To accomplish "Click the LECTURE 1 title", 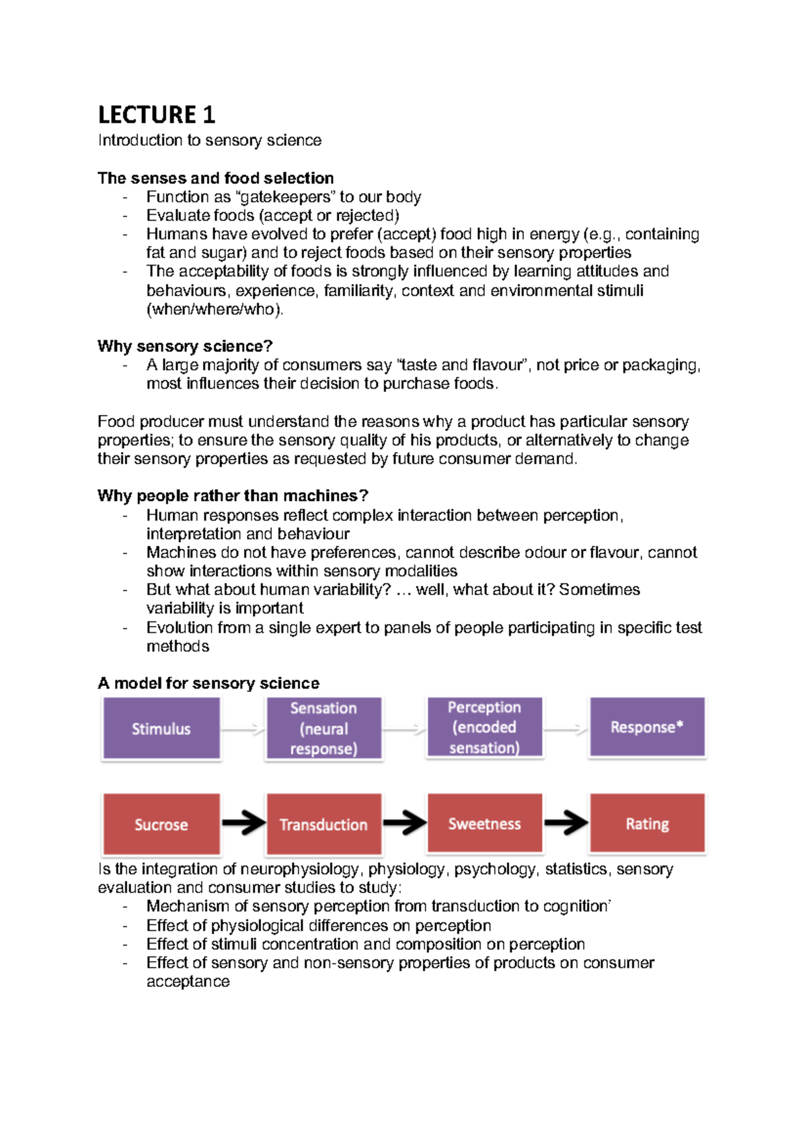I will [x=156, y=115].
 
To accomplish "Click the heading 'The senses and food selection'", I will [x=215, y=178].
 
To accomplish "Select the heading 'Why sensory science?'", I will [x=185, y=346].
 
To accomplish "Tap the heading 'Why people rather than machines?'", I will [x=233, y=496].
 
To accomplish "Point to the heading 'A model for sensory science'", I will [x=208, y=683].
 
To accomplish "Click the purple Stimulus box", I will [x=161, y=728].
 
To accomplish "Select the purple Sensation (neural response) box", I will [x=323, y=728].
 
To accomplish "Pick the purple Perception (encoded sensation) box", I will [x=484, y=728].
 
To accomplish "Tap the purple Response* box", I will [x=647, y=727].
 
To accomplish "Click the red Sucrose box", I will [x=161, y=825].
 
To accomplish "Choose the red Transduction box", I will [x=323, y=825].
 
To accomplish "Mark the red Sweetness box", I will [x=484, y=824].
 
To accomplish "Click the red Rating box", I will [x=647, y=824].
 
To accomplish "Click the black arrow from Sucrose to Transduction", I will [x=243, y=823].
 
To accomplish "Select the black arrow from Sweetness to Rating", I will [x=566, y=822].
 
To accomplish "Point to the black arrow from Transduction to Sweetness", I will [x=404, y=822].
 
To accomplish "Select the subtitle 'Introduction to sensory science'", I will [x=210, y=141].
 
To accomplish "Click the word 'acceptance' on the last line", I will [x=188, y=982].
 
